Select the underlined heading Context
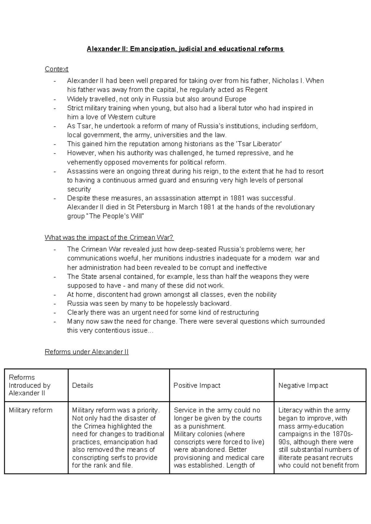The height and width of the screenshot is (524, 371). tap(56, 69)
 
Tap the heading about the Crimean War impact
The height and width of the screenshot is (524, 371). tap(109, 238)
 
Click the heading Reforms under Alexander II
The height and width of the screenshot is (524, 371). tap(87, 352)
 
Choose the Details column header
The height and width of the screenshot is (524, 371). tap(83, 385)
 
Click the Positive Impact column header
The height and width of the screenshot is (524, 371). tap(197, 385)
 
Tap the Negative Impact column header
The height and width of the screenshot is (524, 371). tap(303, 385)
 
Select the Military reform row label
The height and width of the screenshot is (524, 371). tap(31, 410)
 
